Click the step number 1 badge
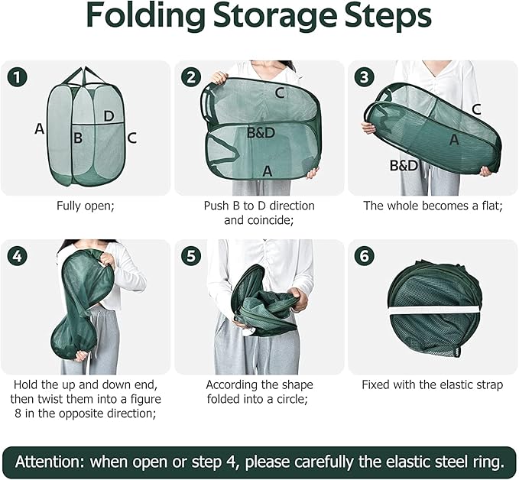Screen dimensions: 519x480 pos(17,77)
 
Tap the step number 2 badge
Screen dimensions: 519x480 pos(191,77)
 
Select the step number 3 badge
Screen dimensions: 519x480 pos(364,77)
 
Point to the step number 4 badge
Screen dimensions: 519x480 pos(17,256)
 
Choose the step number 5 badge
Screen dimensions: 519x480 pos(191,256)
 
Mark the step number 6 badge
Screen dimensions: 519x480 pos(364,256)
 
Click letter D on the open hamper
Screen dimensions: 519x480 pos(109,116)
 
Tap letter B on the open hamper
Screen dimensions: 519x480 pos(78,138)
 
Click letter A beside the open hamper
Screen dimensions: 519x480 pos(40,128)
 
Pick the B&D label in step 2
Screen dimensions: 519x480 pos(261,133)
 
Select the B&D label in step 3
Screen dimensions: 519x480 pos(404,166)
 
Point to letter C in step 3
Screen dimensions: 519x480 pos(476,109)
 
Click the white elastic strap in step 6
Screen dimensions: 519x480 pos(434,310)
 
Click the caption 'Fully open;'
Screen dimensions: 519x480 pos(86,206)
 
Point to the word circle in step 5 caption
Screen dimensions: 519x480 pos(289,399)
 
